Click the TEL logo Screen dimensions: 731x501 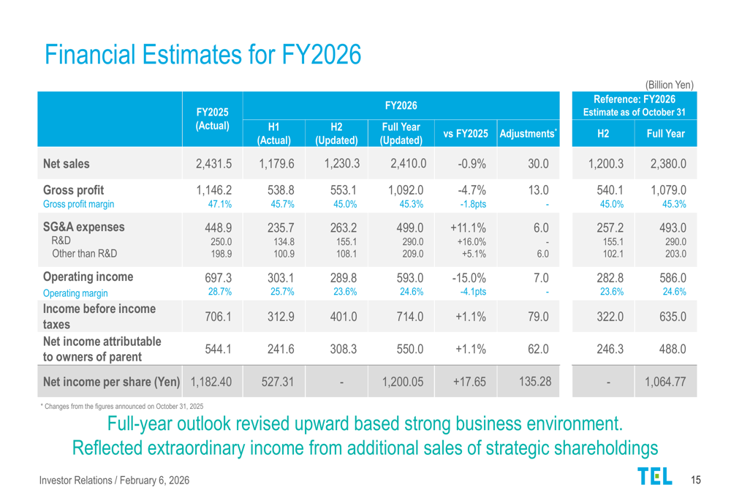(655, 476)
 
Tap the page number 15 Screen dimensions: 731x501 (696, 480)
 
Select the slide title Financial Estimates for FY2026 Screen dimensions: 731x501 (202, 54)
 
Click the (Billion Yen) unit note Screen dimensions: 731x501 (670, 85)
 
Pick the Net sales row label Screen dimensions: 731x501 (67, 164)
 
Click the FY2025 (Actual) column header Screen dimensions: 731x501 (213, 119)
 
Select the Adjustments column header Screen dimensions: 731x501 (529, 133)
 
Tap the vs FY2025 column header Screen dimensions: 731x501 (466, 133)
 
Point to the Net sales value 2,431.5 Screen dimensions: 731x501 (213, 164)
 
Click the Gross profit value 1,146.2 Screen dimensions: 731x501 (213, 190)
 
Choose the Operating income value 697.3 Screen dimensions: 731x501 (218, 278)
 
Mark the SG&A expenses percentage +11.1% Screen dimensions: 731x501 (468, 227)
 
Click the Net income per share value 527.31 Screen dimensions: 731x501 (277, 382)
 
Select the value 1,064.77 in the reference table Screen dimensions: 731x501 (665, 382)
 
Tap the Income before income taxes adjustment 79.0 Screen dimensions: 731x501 (538, 317)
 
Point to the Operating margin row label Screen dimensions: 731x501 (75, 293)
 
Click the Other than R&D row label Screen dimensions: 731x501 (84, 253)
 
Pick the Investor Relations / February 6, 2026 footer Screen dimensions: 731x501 (114, 480)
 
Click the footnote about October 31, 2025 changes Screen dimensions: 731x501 (122, 407)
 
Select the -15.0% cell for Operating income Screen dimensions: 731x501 (469, 278)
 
